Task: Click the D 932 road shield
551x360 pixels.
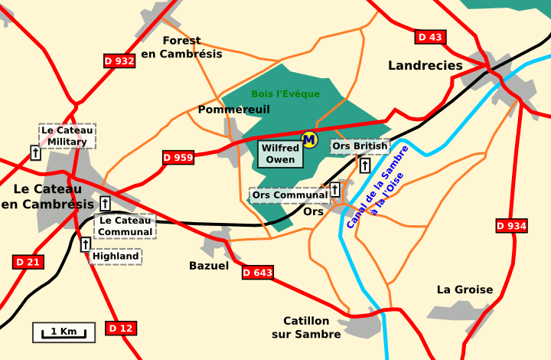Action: click(119, 61)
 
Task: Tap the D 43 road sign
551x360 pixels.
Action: click(430, 37)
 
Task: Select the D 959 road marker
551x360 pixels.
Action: click(178, 158)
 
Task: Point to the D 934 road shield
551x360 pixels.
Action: click(511, 225)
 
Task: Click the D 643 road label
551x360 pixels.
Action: click(258, 272)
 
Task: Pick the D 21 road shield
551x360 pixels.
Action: click(28, 262)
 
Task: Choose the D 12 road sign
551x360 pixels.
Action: click(120, 329)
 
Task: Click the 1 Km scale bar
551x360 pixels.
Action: click(64, 332)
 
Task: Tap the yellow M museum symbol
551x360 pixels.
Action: click(309, 139)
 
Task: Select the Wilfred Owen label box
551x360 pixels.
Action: click(280, 154)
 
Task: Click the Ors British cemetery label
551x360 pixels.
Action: click(360, 146)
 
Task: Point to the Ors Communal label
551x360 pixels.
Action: click(289, 195)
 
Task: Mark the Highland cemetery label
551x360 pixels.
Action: click(116, 256)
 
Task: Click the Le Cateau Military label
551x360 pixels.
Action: click(67, 136)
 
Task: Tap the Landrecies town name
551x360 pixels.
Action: click(425, 66)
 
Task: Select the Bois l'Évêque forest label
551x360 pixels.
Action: click(285, 94)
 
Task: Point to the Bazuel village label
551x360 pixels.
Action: click(208, 266)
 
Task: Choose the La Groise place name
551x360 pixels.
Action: click(465, 290)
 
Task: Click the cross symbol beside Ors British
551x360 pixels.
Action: click(365, 165)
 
